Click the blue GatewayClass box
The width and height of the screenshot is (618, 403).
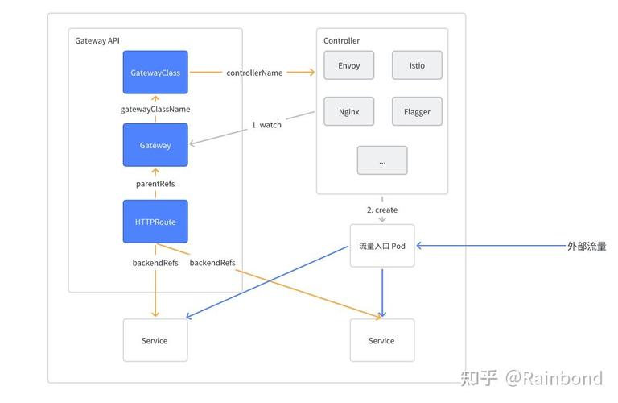point(155,73)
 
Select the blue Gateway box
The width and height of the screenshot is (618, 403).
point(155,145)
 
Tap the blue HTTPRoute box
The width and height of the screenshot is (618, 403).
point(155,222)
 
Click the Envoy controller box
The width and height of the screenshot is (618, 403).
point(349,65)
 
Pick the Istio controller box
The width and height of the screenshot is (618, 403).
point(417,65)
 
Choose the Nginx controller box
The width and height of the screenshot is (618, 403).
point(349,112)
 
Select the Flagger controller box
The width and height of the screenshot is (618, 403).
point(417,112)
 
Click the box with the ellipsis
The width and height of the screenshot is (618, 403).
point(382,160)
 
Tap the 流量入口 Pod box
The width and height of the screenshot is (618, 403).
point(382,246)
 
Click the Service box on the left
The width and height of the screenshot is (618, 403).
point(154,340)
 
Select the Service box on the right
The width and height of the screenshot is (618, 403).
point(381,340)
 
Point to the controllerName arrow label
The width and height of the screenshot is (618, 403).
point(254,73)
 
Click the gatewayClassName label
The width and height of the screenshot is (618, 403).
point(155,109)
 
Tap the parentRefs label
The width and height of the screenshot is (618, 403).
point(155,184)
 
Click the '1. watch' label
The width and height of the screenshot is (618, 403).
point(266,125)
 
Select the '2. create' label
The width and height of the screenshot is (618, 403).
point(382,210)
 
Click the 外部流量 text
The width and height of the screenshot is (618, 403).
point(587,246)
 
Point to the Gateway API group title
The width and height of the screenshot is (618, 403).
point(97,40)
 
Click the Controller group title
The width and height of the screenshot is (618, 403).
point(342,40)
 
